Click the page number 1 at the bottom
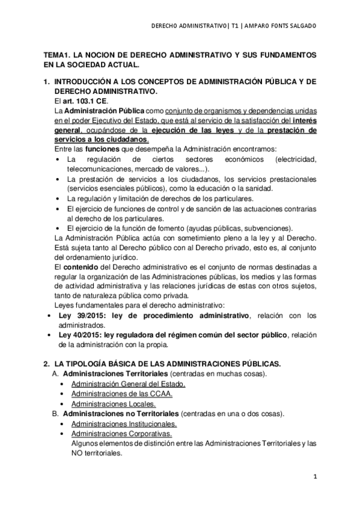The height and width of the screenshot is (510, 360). point(314,476)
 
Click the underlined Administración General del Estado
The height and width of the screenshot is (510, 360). point(128,384)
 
